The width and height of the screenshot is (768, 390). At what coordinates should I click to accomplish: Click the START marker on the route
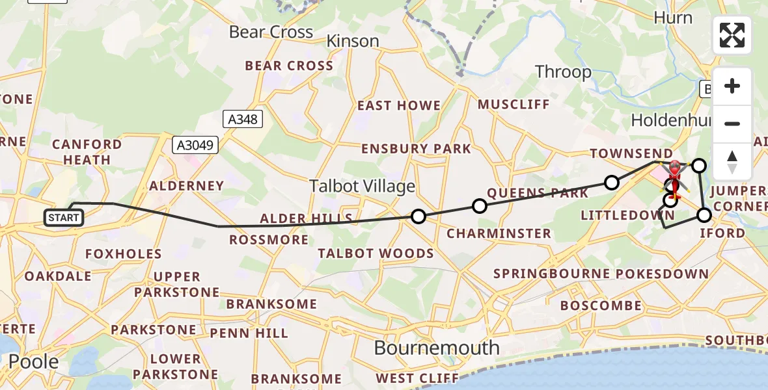tap(64, 218)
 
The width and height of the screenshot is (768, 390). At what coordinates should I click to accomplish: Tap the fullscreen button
tap(732, 35)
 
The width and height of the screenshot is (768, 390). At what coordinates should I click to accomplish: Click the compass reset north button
tap(732, 161)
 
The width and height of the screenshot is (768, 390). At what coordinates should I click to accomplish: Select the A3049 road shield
tap(195, 145)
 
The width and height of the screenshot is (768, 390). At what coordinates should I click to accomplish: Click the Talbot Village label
tap(362, 187)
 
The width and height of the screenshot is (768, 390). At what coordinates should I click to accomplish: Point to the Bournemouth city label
tap(436, 348)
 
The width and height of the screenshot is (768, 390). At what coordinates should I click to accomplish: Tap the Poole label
tap(34, 361)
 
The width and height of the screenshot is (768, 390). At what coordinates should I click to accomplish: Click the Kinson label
tap(352, 41)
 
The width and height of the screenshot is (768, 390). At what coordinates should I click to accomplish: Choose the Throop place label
tap(563, 71)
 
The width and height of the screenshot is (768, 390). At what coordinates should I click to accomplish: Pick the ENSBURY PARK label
tap(416, 149)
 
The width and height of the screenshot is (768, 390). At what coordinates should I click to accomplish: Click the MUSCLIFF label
tap(514, 104)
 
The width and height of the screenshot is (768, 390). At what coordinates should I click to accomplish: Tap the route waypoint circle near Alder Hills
tap(418, 216)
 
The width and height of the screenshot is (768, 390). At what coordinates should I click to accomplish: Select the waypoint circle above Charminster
tap(479, 206)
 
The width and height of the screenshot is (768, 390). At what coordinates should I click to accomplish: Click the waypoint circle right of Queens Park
tap(612, 183)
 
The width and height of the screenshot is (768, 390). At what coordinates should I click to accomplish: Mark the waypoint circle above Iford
tap(704, 214)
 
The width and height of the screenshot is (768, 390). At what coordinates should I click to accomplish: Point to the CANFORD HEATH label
tap(87, 151)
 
